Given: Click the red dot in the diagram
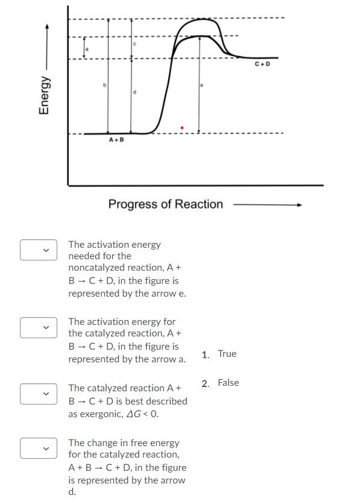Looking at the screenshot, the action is (x=182, y=128).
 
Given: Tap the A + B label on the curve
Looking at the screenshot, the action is (x=116, y=140).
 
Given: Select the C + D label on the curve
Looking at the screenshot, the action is (x=262, y=64).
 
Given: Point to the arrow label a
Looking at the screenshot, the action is (x=87, y=49).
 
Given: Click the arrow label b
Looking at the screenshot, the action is (x=104, y=86).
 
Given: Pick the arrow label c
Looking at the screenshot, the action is (x=135, y=44).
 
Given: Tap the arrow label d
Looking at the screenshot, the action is (x=134, y=92).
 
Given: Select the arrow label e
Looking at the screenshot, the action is (x=201, y=86).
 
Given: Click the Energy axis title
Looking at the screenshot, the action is (x=44, y=95).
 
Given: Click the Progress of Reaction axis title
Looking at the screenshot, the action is (x=166, y=204).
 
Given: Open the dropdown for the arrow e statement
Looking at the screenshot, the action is (x=39, y=250).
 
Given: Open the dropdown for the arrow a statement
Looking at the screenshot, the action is (x=39, y=327).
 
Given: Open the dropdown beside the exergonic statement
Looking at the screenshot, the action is (x=39, y=394).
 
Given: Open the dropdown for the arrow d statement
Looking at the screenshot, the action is (x=39, y=448).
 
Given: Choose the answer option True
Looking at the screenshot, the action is (x=227, y=354).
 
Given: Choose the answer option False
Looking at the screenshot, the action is (x=228, y=383).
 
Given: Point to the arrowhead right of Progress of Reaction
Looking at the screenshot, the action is (x=298, y=205).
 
